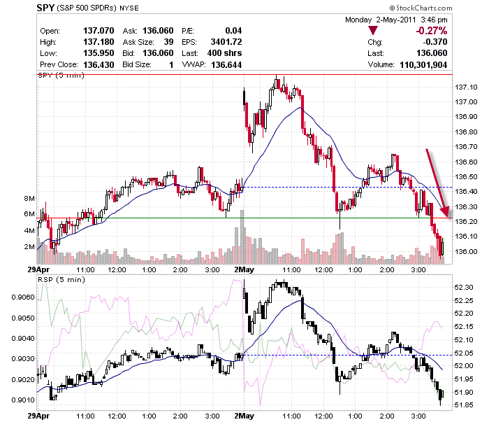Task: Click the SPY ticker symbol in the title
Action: [45, 8]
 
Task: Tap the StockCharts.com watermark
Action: [421, 8]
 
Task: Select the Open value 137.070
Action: [98, 31]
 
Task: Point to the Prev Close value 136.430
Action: [98, 64]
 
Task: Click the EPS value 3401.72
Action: [226, 42]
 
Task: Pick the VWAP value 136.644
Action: [226, 64]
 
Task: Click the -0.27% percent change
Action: [431, 31]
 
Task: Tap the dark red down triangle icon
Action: [373, 30]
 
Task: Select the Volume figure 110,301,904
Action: [423, 64]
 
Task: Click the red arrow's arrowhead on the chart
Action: [446, 212]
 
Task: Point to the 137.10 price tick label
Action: [466, 87]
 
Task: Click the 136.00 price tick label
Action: [466, 251]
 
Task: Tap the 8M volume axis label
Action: [29, 198]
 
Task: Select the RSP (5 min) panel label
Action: [61, 279]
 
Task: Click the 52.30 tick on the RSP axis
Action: [464, 288]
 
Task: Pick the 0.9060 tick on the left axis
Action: [23, 297]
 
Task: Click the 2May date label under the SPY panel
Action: [245, 269]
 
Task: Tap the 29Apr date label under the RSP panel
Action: [38, 416]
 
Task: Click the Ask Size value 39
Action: [168, 42]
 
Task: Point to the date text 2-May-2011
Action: [396, 20]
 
